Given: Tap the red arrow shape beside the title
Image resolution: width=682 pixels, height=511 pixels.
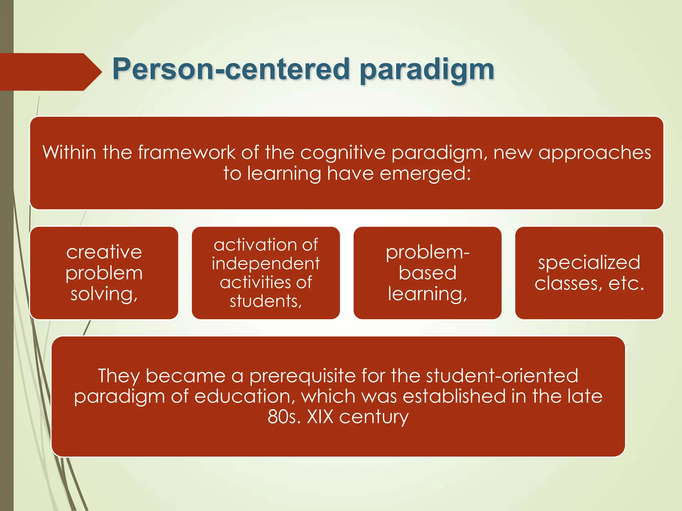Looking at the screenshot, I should coord(50,72).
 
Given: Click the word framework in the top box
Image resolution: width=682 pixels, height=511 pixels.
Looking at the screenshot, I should coord(186,153).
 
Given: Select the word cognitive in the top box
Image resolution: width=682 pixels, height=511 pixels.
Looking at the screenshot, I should coord(343,153).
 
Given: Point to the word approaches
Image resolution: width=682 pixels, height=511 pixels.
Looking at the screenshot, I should coord(594,153).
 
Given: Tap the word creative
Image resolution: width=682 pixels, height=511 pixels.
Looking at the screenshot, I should coord(104,252).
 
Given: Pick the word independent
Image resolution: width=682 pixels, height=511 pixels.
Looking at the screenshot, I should coord(266,264).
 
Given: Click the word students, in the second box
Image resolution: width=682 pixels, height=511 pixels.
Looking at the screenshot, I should coord(266,301).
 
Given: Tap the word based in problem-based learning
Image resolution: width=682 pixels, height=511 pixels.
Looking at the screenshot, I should coord(428,273).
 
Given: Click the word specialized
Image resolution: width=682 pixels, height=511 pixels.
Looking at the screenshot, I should coord(589,263).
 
